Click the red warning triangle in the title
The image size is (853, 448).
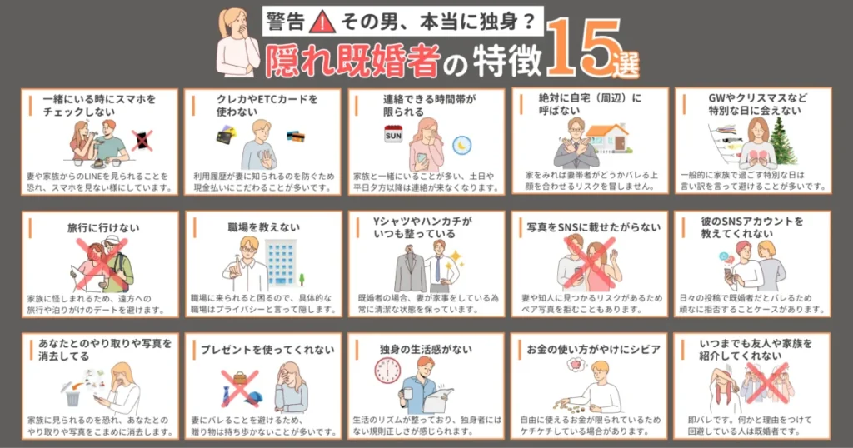[322, 22]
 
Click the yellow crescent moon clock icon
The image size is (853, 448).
[461, 145]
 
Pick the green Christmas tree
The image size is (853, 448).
[782, 142]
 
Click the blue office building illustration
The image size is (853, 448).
[281, 262]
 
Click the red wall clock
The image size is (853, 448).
[387, 371]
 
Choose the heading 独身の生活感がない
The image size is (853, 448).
[426, 350]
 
